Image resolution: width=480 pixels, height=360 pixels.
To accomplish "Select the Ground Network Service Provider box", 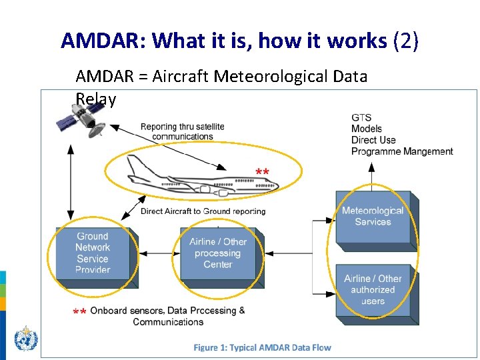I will (x=93, y=253).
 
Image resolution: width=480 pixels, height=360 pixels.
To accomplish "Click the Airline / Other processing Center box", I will (x=217, y=253).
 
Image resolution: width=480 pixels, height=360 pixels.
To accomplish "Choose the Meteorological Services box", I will (x=373, y=217).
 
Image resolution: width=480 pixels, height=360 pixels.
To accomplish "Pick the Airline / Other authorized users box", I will (x=373, y=290).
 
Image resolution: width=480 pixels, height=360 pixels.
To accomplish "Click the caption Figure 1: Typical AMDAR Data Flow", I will (x=262, y=347).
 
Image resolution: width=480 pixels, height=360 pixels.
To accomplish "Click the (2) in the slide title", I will (x=406, y=41).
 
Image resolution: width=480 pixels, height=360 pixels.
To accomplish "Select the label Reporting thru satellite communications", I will (x=182, y=131).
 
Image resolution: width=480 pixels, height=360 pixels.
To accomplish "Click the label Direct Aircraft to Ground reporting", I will (x=203, y=211).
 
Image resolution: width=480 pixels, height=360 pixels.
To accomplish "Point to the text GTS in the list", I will (x=361, y=117).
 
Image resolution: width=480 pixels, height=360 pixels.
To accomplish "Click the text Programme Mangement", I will (x=402, y=151).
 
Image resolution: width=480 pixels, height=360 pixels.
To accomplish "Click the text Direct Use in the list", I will (x=373, y=140).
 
